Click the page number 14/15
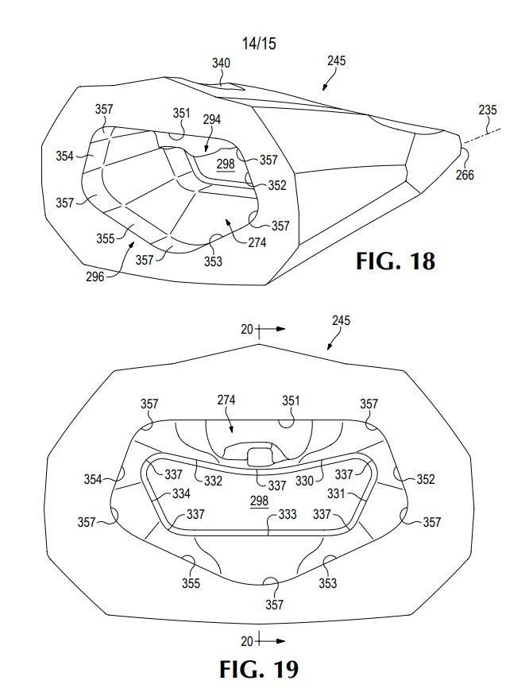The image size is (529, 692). pyautogui.click(x=259, y=43)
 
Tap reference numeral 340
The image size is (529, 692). pyautogui.click(x=221, y=63)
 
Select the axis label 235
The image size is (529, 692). pyautogui.click(x=488, y=110)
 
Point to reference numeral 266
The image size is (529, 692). pyautogui.click(x=465, y=175)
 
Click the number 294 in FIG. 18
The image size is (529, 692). pyautogui.click(x=212, y=120)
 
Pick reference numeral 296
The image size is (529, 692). pyautogui.click(x=95, y=276)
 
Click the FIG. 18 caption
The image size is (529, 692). pyautogui.click(x=396, y=261)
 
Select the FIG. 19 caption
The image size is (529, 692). pyautogui.click(x=259, y=670)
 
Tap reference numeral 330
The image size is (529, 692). pyautogui.click(x=304, y=481)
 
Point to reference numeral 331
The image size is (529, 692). pyautogui.click(x=336, y=493)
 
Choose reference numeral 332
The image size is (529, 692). pyautogui.click(x=213, y=481)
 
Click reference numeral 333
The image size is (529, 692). pyautogui.click(x=288, y=514)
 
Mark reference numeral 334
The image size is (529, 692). pyautogui.click(x=181, y=493)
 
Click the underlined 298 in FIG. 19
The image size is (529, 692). pyautogui.click(x=259, y=501)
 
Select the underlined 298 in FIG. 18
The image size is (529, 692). pyautogui.click(x=226, y=164)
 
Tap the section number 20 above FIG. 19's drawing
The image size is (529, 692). pyautogui.click(x=247, y=329)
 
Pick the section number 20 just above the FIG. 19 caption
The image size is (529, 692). pyautogui.click(x=247, y=640)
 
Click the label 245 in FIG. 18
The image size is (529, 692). pyautogui.click(x=337, y=60)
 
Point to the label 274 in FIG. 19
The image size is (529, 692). pyautogui.click(x=226, y=400)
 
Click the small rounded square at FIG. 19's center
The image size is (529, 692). pyautogui.click(x=259, y=456)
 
